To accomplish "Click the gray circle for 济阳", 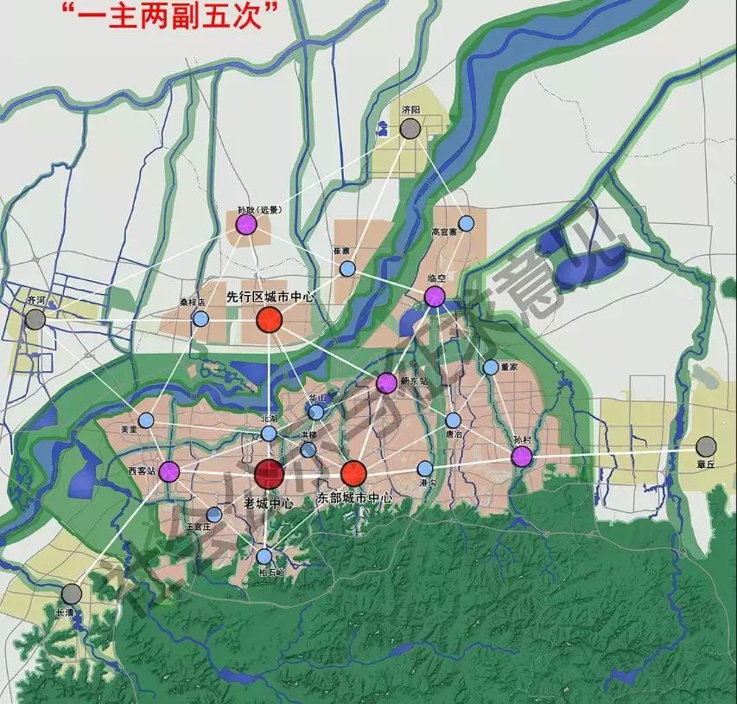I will tap(410, 130).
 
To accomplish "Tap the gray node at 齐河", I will tap(35, 319).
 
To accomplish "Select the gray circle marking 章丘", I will tap(707, 446).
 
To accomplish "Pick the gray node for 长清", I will tap(72, 593).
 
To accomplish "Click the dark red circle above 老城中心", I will tap(270, 474).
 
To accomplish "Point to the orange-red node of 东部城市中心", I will tap(353, 473).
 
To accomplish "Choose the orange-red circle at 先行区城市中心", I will tap(270, 321).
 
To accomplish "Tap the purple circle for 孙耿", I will tap(246, 225).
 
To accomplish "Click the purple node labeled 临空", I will tap(435, 298).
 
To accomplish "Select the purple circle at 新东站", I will tap(386, 382).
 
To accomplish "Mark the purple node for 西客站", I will tap(169, 471).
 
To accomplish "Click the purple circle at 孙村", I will tap(521, 457).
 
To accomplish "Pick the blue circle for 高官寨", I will tap(467, 223).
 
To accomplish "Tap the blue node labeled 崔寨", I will tap(347, 268).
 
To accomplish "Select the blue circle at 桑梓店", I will tap(200, 318).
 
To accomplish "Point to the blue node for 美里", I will tap(146, 420).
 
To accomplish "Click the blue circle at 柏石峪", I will tap(264, 556).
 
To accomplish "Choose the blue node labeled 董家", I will tap(491, 367).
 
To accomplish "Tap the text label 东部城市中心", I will tap(356, 499).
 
